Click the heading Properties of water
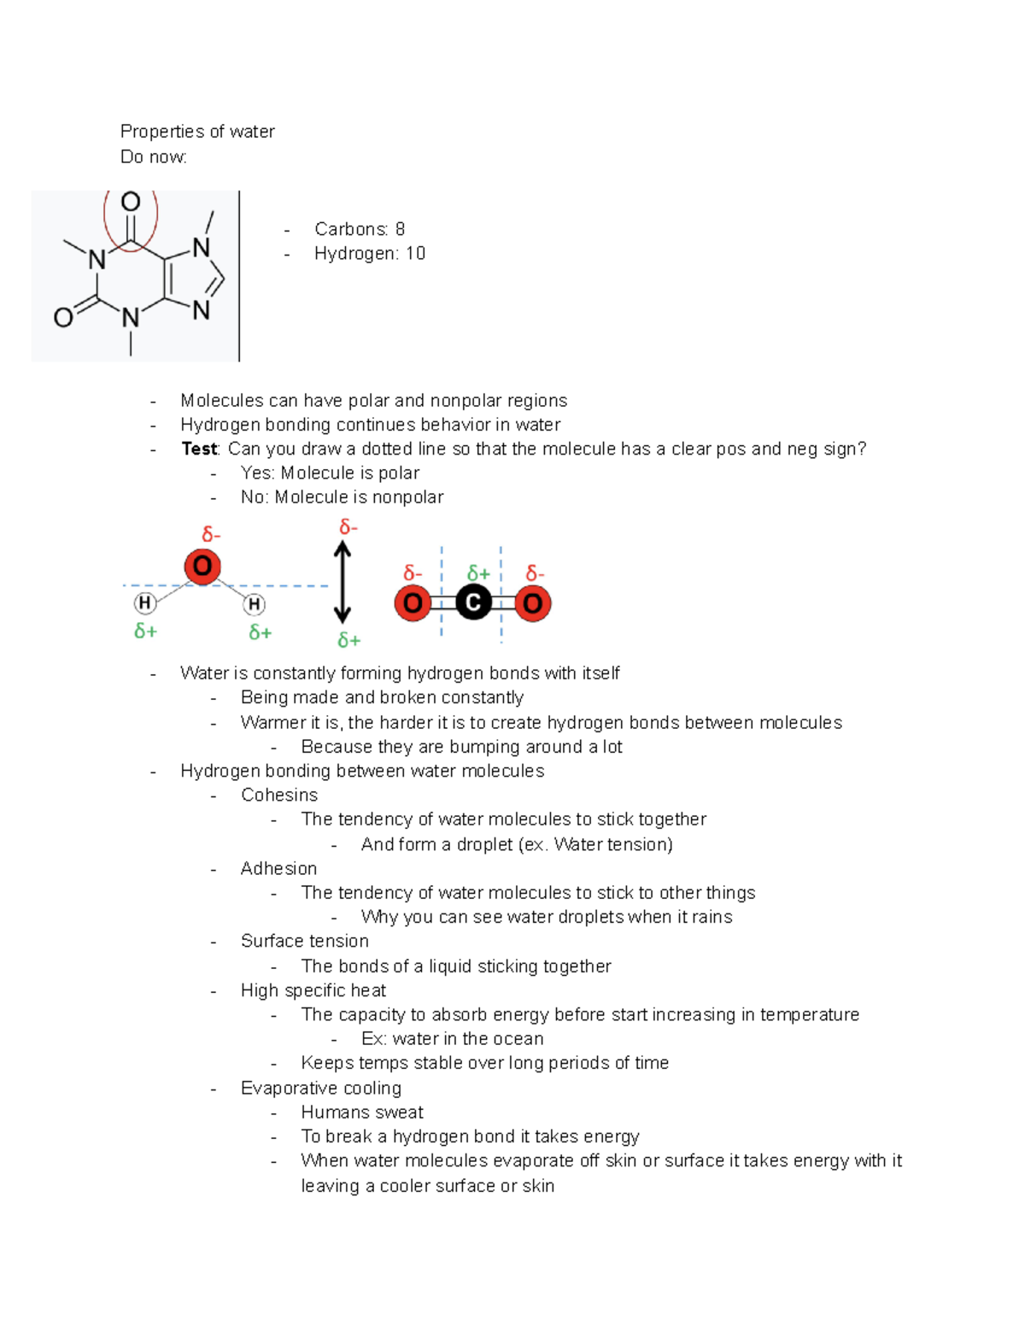197,132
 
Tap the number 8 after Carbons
400,229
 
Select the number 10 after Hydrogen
415,254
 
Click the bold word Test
200,449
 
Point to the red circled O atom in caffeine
131,203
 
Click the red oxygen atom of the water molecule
202,567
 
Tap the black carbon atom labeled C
473,603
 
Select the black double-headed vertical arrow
343,584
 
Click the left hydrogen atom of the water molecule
145,603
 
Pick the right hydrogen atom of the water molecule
254,605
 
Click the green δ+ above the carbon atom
478,573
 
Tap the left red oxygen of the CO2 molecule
413,603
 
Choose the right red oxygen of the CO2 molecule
533,604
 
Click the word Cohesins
279,796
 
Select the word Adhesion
278,869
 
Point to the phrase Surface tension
305,942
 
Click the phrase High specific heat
313,991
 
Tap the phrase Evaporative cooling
321,1089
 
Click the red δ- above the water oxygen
211,535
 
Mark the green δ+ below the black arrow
348,641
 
